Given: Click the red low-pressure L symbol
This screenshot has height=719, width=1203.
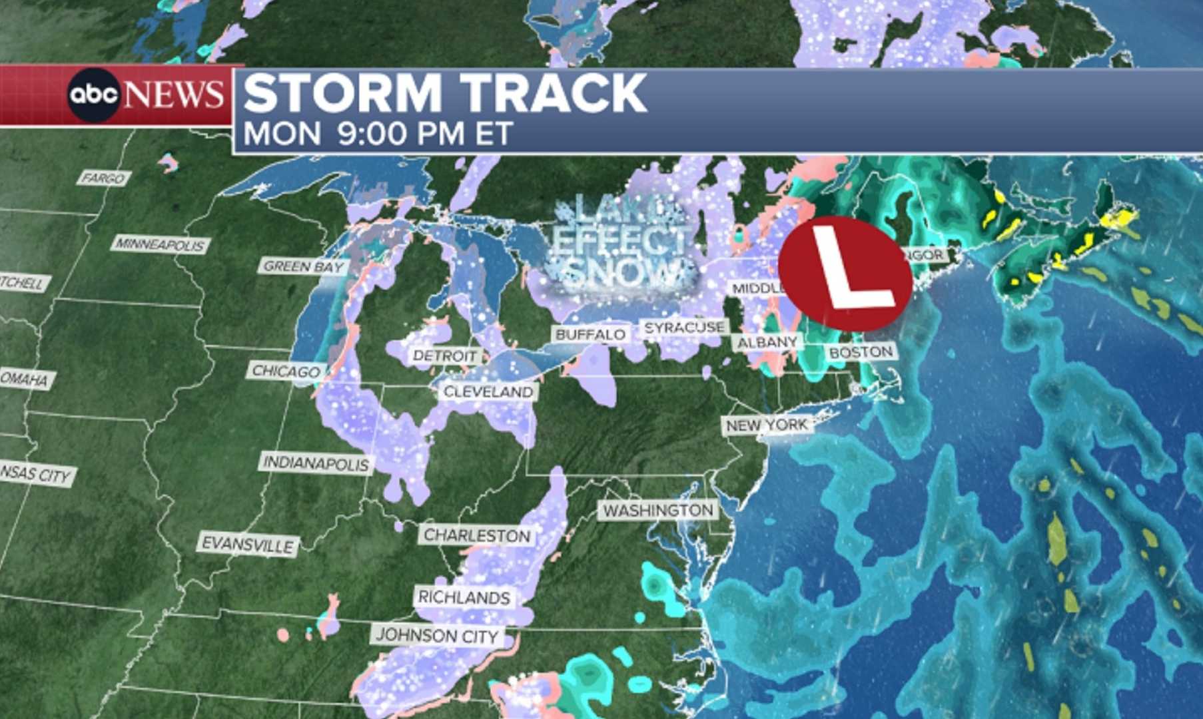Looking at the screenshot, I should tap(845, 273).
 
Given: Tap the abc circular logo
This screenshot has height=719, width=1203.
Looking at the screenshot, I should tap(93, 95).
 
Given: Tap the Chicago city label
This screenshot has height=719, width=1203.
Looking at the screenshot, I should tap(286, 371).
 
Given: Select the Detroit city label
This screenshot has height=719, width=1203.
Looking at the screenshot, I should tap(444, 356).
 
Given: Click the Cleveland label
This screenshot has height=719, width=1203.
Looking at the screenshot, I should tap(488, 392).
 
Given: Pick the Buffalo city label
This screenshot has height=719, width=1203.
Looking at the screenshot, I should tap(590, 334).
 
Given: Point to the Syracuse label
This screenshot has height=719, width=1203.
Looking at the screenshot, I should tap(684, 328).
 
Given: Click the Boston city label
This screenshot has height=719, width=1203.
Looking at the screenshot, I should tap(861, 352).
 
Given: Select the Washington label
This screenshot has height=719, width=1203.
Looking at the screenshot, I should tap(658, 511).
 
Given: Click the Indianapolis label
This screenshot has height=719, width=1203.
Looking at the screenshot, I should tap(316, 463).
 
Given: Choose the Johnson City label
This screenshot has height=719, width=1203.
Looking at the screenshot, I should tap(437, 636).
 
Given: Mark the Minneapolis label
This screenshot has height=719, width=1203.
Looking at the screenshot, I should tap(160, 244).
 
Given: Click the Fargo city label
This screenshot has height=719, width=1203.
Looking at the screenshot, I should tap(103, 178).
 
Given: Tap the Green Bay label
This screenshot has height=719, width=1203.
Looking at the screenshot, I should tap(303, 266).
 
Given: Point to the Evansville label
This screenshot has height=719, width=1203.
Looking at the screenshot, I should tap(248, 545).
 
